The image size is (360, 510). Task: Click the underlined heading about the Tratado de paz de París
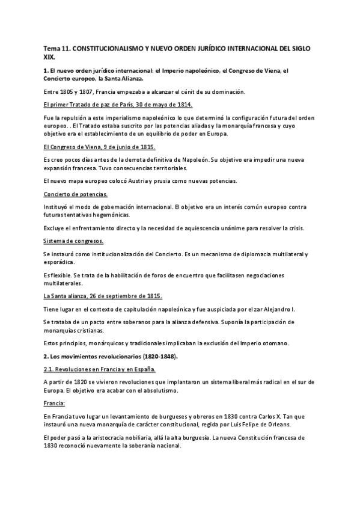pyautogui.click(x=118, y=105)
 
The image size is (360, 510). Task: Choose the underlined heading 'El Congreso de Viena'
pyautogui.click(x=100, y=147)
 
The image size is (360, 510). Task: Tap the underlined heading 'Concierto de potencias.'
pyautogui.click(x=76, y=194)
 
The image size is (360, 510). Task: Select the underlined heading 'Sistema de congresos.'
pyautogui.click(x=73, y=241)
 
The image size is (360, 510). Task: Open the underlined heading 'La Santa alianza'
pyautogui.click(x=103, y=296)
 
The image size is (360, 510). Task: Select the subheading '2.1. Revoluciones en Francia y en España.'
pyautogui.click(x=100, y=369)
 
